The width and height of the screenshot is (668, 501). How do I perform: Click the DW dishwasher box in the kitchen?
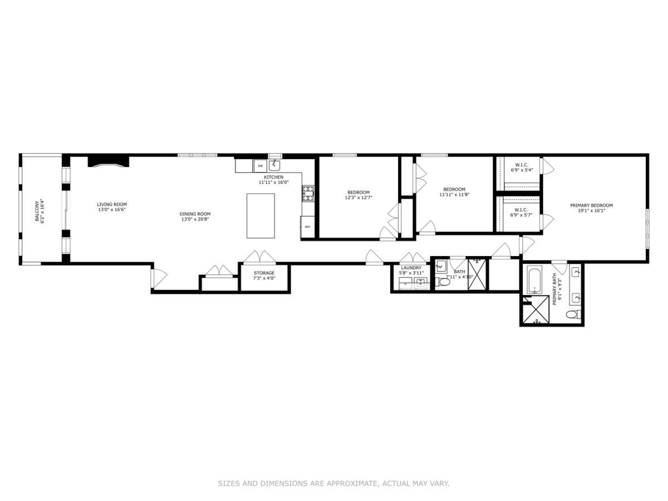(260, 165)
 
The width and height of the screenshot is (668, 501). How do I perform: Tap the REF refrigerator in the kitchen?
(307, 226)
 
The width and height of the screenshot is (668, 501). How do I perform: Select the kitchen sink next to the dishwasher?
(275, 165)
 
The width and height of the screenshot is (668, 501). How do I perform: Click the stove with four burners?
(308, 194)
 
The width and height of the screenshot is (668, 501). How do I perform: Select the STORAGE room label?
(264, 273)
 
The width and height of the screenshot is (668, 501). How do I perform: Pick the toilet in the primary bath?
(573, 315)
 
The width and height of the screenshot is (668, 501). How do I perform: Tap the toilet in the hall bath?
(444, 282)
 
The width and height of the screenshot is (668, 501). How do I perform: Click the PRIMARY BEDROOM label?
(591, 205)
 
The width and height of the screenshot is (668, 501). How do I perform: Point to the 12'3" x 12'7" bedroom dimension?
(357, 197)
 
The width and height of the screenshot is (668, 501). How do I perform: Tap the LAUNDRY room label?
(411, 268)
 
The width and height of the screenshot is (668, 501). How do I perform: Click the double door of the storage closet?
(260, 257)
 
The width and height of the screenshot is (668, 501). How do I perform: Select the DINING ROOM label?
(195, 214)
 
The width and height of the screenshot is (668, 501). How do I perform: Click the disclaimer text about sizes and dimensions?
(333, 484)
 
